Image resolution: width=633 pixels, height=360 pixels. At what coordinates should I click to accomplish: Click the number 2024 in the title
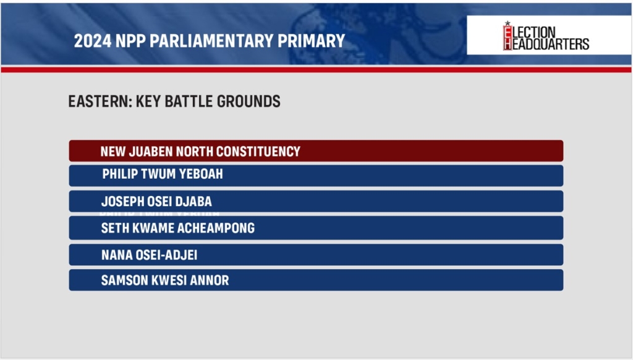click(x=93, y=41)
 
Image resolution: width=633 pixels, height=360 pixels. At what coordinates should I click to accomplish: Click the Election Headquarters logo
click(x=546, y=36)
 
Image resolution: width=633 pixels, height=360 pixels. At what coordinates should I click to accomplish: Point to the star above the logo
click(x=508, y=24)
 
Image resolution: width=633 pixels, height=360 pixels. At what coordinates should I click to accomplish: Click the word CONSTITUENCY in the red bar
click(x=258, y=152)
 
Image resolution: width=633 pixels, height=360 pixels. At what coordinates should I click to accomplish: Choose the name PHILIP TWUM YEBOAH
click(x=163, y=174)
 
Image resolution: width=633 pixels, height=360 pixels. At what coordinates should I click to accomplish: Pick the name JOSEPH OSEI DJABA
click(x=156, y=201)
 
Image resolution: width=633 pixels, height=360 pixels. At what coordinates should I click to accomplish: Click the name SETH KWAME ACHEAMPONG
click(x=178, y=228)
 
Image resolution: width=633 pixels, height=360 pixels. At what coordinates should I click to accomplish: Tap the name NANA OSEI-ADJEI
click(x=150, y=255)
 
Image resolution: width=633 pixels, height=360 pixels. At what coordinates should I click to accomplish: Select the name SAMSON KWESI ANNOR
click(x=165, y=280)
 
